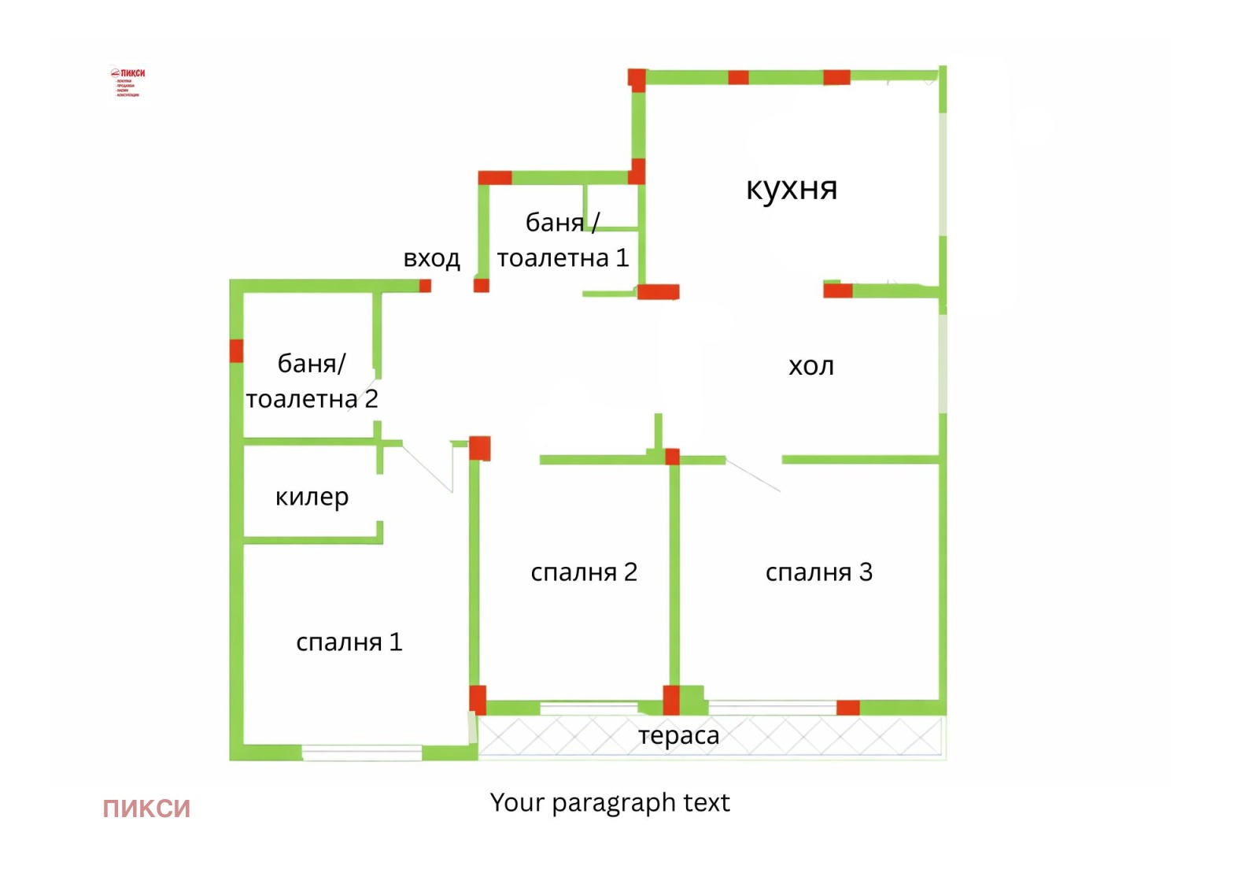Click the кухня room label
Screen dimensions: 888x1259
pyautogui.click(x=792, y=189)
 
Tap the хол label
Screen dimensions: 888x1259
pyautogui.click(x=811, y=366)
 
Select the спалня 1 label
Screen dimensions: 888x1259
pyautogui.click(x=349, y=642)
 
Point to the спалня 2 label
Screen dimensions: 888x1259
pyautogui.click(x=583, y=572)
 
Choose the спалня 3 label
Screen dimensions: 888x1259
pyautogui.click(x=818, y=572)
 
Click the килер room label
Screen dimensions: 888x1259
pyautogui.click(x=312, y=498)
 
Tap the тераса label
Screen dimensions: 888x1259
pyautogui.click(x=678, y=735)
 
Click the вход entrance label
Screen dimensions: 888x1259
pyautogui.click(x=431, y=258)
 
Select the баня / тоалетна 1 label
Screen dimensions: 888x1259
pyautogui.click(x=563, y=240)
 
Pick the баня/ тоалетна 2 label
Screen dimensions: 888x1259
pyautogui.click(x=312, y=382)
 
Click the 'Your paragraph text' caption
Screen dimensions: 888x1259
pyautogui.click(x=610, y=802)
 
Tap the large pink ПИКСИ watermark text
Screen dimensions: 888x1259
pyautogui.click(x=146, y=808)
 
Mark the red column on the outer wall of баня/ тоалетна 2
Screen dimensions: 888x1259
pyautogui.click(x=236, y=350)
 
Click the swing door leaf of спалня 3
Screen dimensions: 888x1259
pyautogui.click(x=753, y=475)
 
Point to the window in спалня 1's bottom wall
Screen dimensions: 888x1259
pyautogui.click(x=362, y=753)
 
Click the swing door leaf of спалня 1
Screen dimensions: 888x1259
pyautogui.click(x=427, y=468)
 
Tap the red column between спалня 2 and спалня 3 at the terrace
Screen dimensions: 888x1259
pyautogui.click(x=671, y=700)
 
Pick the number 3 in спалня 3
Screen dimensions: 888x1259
pyautogui.click(x=866, y=572)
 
